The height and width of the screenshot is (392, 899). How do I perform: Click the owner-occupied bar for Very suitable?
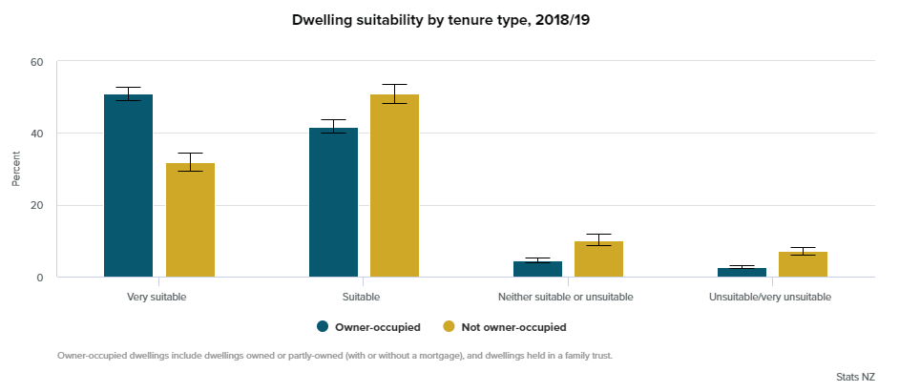(x=128, y=186)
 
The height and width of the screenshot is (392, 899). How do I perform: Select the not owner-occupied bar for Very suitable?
(x=190, y=220)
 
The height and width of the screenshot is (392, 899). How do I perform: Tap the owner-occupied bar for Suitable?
(x=333, y=202)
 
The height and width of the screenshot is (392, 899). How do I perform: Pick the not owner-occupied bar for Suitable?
(x=394, y=186)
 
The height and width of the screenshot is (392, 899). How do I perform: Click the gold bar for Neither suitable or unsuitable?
(x=598, y=259)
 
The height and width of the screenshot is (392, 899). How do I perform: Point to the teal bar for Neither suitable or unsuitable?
(x=537, y=269)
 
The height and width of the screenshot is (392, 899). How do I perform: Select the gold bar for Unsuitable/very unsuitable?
(x=803, y=264)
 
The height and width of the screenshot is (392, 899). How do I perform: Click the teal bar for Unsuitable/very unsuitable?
(x=742, y=273)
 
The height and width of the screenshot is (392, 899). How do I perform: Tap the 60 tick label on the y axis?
(x=37, y=62)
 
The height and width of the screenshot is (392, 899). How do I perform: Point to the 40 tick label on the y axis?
(x=37, y=134)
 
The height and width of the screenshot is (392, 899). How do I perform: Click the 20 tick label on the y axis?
(x=37, y=205)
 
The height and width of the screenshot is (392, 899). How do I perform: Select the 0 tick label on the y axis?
(x=40, y=278)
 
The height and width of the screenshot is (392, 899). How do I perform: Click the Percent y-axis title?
(x=16, y=169)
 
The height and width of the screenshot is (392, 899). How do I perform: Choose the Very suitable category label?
(x=157, y=297)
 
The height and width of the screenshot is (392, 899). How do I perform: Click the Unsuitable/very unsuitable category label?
(x=770, y=297)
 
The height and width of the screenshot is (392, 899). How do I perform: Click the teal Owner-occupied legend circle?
(x=323, y=327)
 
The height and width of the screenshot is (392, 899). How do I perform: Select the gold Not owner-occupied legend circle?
(x=449, y=327)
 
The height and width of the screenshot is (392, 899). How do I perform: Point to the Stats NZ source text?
(x=854, y=378)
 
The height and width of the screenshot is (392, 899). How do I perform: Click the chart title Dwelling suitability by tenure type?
(x=449, y=18)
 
